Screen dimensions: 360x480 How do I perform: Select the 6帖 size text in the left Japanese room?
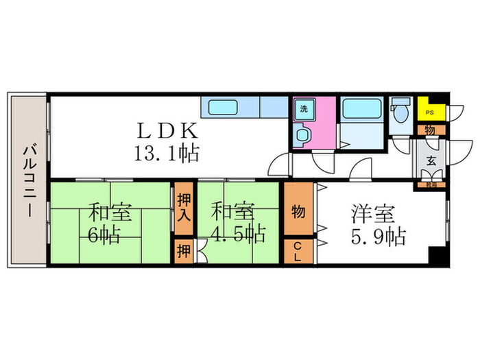point(104,235)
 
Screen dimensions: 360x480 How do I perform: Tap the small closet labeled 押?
point(182,250)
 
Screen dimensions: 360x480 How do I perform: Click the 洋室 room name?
point(374,214)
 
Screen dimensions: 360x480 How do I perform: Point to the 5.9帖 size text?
point(374,238)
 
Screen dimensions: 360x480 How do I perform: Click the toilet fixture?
point(400,110)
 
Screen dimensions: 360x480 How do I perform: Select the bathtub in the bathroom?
point(361,110)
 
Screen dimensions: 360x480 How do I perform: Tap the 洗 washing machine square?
point(302,108)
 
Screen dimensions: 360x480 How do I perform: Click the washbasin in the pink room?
point(302,134)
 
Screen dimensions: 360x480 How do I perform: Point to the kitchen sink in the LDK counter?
point(223,108)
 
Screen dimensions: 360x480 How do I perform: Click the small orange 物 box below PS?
point(429,130)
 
